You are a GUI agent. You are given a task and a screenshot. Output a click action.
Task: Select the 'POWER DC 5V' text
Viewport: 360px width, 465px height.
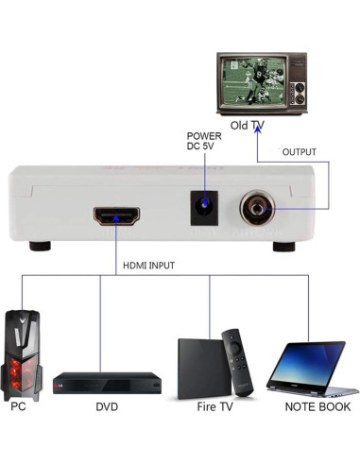pos(205,143)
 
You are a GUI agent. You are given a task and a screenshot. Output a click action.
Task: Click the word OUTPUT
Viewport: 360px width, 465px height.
pos(299,152)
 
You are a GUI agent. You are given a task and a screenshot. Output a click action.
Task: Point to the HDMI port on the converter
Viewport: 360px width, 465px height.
pos(116,216)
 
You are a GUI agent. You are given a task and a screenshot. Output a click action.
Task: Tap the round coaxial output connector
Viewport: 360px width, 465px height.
pos(255,207)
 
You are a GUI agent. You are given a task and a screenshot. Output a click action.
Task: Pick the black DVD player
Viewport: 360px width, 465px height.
pos(107,383)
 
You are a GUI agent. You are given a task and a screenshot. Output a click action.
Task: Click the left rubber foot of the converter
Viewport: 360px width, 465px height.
pos(40,246)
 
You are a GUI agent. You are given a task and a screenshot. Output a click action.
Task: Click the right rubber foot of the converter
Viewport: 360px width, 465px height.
pos(283,246)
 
